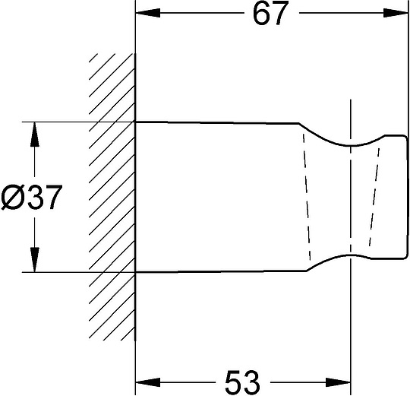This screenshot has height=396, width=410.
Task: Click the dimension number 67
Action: click(270, 13)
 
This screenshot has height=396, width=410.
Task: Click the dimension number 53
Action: click(242, 382)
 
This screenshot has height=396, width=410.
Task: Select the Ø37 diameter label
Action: click(32, 197)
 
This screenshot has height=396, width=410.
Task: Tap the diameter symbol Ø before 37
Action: click(12, 197)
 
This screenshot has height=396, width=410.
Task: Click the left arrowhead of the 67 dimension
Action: click(148, 13)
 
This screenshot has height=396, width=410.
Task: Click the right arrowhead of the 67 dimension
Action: click(396, 13)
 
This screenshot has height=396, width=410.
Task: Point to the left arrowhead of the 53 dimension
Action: click(148, 382)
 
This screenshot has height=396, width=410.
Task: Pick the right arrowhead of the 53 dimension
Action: click(338, 382)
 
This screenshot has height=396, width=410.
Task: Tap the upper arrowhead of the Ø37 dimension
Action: click(34, 135)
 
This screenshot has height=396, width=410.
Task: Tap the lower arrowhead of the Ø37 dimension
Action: click(34, 260)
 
